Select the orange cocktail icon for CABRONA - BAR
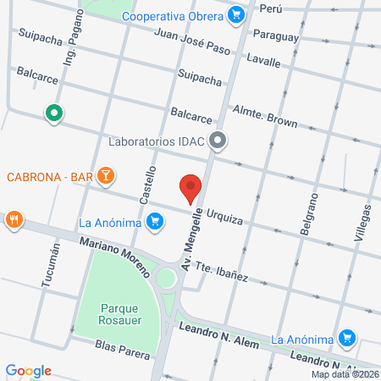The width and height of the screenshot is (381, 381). tap(106, 176)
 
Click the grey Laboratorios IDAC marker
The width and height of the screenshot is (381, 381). tap(218, 141)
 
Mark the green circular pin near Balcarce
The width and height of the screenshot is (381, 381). tap(55, 113)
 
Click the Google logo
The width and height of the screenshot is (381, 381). tap(29, 370)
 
